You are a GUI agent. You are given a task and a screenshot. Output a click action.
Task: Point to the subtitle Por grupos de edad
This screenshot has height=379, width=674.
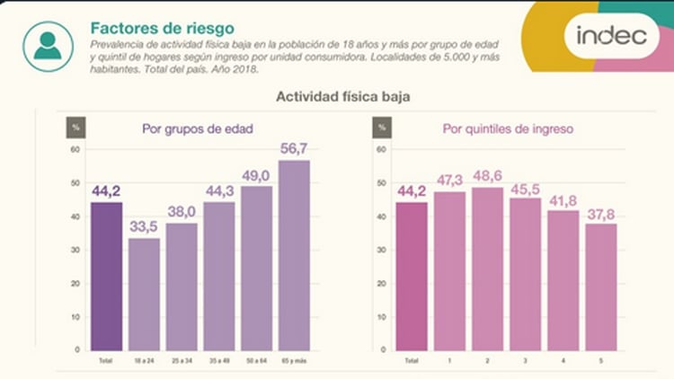click(197, 128)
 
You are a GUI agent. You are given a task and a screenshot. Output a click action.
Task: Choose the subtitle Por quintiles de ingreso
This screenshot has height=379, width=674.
click(508, 128)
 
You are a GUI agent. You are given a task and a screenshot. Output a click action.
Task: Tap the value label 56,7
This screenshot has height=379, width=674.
click(294, 147)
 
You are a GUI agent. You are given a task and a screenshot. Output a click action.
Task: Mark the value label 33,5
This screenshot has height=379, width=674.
click(145, 226)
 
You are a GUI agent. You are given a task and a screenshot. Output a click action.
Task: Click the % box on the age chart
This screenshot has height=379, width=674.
click(76, 128)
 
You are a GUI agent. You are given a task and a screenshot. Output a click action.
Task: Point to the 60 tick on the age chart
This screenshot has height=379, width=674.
click(75, 149)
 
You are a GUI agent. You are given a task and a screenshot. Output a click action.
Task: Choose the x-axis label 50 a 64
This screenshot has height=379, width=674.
click(257, 359)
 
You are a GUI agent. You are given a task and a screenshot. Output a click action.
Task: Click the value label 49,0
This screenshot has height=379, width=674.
click(257, 174)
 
